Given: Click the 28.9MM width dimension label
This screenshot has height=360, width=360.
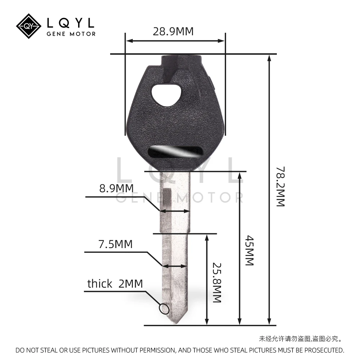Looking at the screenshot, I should point(173,31).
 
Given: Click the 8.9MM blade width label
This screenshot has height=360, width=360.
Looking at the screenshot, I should point(116,188).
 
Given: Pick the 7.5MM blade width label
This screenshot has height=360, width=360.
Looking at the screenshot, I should point(116,244).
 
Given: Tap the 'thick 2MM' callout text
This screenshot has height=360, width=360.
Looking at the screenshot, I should point(115,284).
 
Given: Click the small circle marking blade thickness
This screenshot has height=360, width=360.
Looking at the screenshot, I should point(164,309).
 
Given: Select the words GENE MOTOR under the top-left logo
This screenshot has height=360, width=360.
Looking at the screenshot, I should point(71,34).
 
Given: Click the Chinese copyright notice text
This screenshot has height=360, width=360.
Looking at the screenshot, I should point(300,338).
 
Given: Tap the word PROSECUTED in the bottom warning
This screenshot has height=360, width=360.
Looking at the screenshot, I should point(323,350).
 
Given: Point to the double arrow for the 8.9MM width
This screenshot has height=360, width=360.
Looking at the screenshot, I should point(175,211).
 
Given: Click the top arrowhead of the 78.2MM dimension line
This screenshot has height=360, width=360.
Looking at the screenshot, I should point(269,58).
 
